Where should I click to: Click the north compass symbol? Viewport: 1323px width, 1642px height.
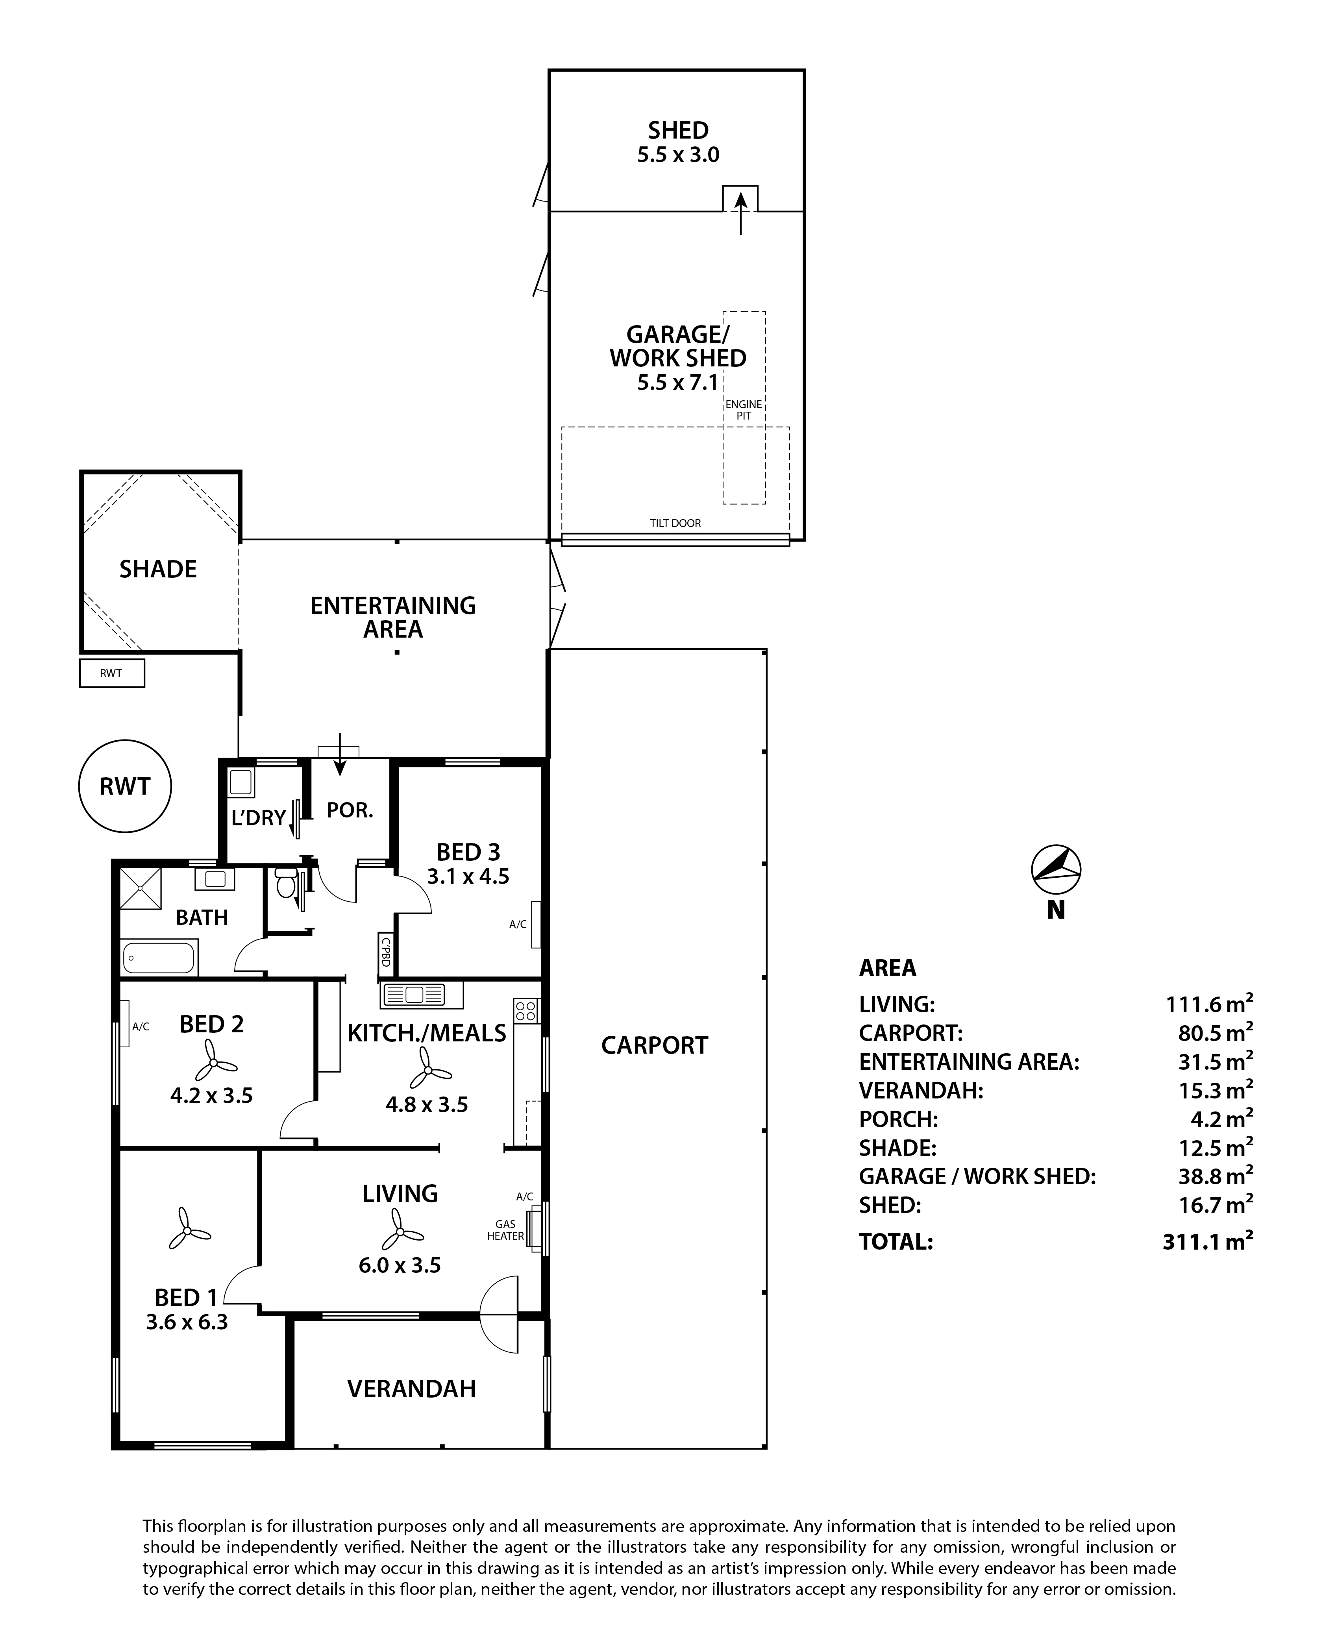(x=1055, y=869)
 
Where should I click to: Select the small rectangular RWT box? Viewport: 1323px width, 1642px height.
(x=112, y=673)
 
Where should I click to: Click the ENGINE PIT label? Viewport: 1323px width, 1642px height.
(x=743, y=410)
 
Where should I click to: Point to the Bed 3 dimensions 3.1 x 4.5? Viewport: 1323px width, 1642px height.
(x=468, y=877)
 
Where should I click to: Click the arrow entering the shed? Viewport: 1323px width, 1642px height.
(x=740, y=212)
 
